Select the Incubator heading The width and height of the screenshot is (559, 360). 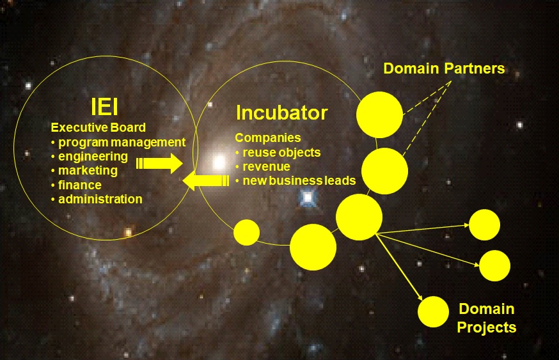coord(281,113)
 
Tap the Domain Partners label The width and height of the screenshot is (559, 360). coord(444,68)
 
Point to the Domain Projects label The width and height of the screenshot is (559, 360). coord(486,318)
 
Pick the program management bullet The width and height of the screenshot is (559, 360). coord(118,142)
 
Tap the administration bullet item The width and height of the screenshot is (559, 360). coord(97,200)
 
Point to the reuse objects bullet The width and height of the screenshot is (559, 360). coord(278,153)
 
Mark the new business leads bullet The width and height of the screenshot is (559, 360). coord(295,181)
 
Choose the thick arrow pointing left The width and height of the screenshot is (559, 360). coord(206,182)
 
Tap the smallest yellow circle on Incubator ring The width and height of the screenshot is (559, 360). coord(247,232)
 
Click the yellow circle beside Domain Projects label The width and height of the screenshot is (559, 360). coord(434,312)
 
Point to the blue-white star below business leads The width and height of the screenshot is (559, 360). coord(308,198)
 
